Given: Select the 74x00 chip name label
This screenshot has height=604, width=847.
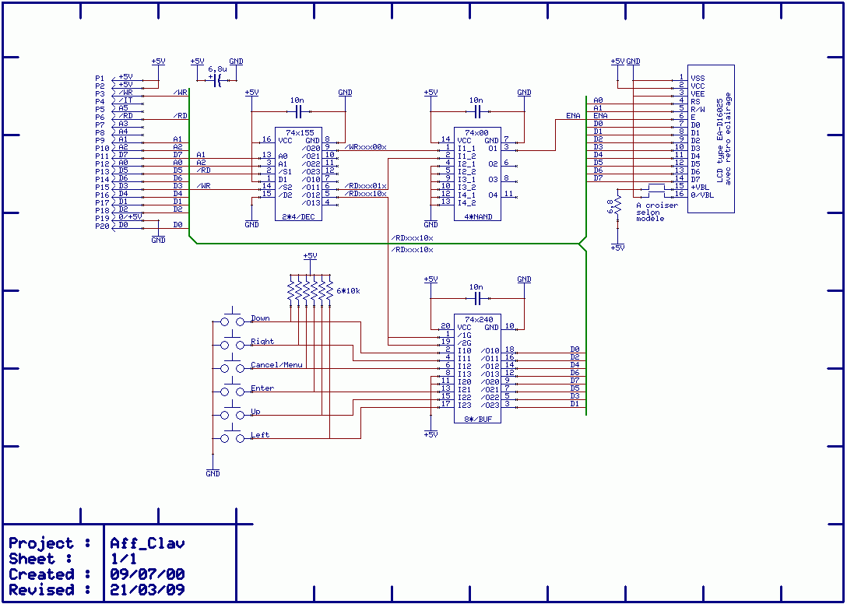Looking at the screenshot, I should [x=476, y=133].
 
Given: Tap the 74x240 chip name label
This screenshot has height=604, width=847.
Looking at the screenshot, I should [x=479, y=319].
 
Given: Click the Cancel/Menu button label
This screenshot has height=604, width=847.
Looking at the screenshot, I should [x=277, y=365].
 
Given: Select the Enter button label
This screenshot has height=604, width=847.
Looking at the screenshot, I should [x=262, y=388].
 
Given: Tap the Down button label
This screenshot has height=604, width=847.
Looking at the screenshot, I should [x=260, y=318].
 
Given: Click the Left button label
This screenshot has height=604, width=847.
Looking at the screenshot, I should [x=260, y=435].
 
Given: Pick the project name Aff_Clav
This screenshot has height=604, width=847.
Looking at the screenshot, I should [x=148, y=543].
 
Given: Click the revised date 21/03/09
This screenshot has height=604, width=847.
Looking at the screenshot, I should [x=148, y=590].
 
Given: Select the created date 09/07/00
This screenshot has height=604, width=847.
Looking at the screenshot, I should [x=148, y=574].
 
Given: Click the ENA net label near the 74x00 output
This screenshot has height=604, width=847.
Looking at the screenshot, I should [x=574, y=116].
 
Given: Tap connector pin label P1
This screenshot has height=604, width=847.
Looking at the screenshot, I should [x=100, y=78].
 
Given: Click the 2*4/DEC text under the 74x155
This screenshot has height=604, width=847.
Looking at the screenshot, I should [x=298, y=217].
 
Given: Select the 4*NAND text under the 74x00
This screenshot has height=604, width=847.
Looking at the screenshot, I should [x=476, y=217].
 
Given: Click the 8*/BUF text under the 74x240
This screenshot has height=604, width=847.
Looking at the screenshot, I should [x=478, y=419].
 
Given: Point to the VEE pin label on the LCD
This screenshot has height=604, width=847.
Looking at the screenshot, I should [x=698, y=93].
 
